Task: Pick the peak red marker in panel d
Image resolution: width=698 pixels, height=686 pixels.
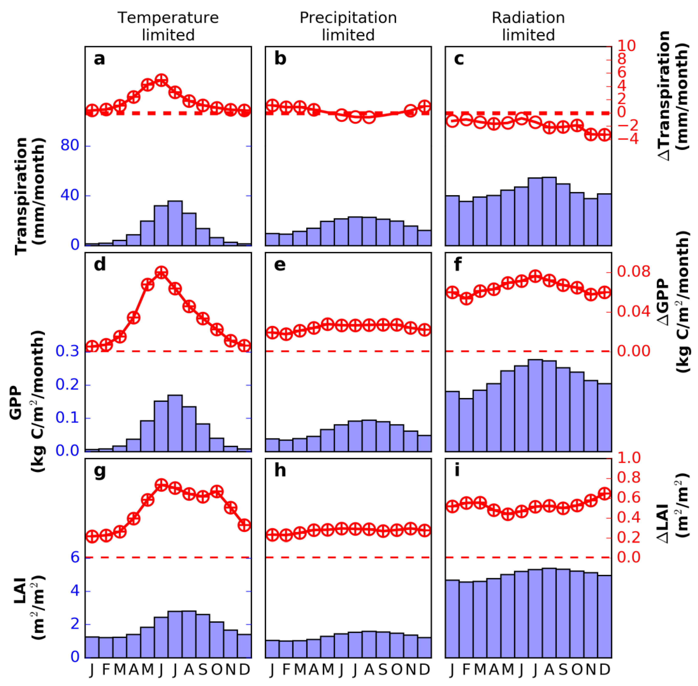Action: [x=161, y=272]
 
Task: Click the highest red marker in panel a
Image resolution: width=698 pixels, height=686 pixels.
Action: [x=161, y=80]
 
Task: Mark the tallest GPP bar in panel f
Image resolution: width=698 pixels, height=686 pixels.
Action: [x=535, y=405]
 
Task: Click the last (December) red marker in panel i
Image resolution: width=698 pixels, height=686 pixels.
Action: [x=605, y=494]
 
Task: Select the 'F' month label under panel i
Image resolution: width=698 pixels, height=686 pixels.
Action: [x=466, y=669]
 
